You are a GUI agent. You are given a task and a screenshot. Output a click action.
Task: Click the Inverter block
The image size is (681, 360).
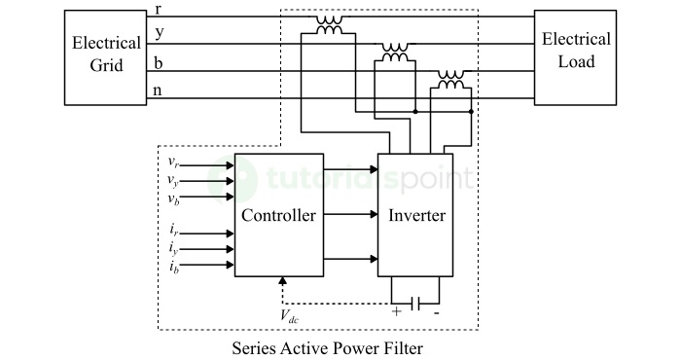(414, 215)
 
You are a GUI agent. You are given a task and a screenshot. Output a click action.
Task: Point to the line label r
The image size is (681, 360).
(159, 9)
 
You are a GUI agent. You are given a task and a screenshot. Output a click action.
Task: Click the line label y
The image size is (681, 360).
(159, 34)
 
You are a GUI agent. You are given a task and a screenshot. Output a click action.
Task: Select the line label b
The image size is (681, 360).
(159, 63)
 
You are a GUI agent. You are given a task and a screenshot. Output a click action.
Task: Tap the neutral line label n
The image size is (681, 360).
(159, 91)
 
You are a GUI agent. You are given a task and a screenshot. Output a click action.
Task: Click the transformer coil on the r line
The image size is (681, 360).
(329, 25)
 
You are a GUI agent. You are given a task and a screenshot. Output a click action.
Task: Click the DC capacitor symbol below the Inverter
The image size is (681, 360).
(415, 303)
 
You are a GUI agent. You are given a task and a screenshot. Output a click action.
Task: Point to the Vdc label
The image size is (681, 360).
(290, 315)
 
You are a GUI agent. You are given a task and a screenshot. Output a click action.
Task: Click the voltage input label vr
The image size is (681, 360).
(172, 162)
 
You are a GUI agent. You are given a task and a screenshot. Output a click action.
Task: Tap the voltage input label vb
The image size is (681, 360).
(172, 198)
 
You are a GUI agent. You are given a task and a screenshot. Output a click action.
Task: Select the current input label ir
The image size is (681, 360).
(172, 233)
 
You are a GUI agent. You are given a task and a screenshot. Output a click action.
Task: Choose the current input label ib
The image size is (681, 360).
(172, 266)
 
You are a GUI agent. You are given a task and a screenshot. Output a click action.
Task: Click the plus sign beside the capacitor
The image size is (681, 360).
(396, 314)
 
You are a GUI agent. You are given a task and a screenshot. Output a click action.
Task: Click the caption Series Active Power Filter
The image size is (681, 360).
(327, 346)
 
